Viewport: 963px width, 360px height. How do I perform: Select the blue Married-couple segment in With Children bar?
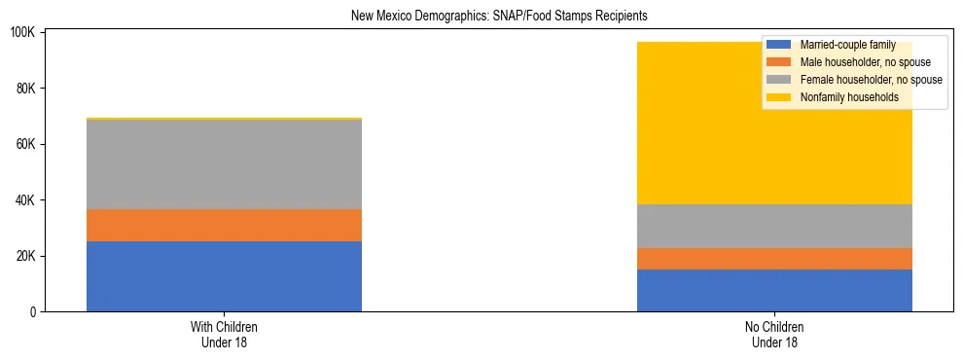coord(224,276)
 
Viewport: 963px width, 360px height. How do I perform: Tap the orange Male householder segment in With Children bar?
coord(224,225)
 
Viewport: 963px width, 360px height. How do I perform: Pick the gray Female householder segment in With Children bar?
coord(224,164)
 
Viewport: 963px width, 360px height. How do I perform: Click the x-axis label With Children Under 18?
coord(224,335)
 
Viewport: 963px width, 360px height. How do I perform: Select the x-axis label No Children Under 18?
coord(774,335)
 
